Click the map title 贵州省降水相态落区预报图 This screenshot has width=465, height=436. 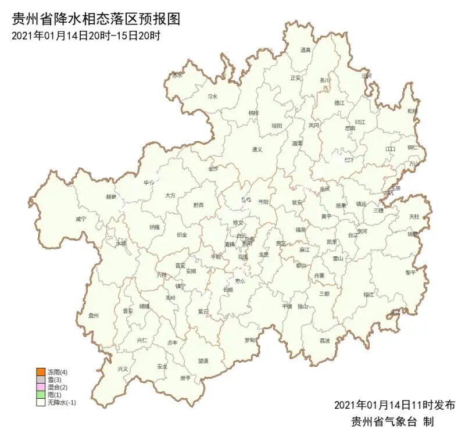coord(96,19)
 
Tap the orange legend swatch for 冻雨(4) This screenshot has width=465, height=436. coord(40,371)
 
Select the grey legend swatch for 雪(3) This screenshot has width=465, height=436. coord(40,380)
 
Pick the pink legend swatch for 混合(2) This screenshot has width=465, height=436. coord(40,387)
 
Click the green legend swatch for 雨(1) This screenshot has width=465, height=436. coord(40,395)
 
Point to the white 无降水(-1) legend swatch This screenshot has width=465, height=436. coord(40,402)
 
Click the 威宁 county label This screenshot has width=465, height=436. coord(81,219)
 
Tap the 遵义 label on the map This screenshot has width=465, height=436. coord(257,149)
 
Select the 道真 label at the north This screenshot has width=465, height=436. coord(306,51)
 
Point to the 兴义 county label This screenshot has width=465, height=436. coord(123,369)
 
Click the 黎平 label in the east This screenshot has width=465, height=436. coord(411,272)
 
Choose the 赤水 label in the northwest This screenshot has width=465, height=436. coord(177,75)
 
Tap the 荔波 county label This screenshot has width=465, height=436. coord(324,341)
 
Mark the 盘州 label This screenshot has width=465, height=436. coord(94,316)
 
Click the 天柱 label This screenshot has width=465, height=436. coord(414,216)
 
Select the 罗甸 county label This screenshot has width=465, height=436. coord(249,339)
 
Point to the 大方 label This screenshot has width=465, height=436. coord(170,196)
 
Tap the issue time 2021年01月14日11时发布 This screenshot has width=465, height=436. coord(395,405)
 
